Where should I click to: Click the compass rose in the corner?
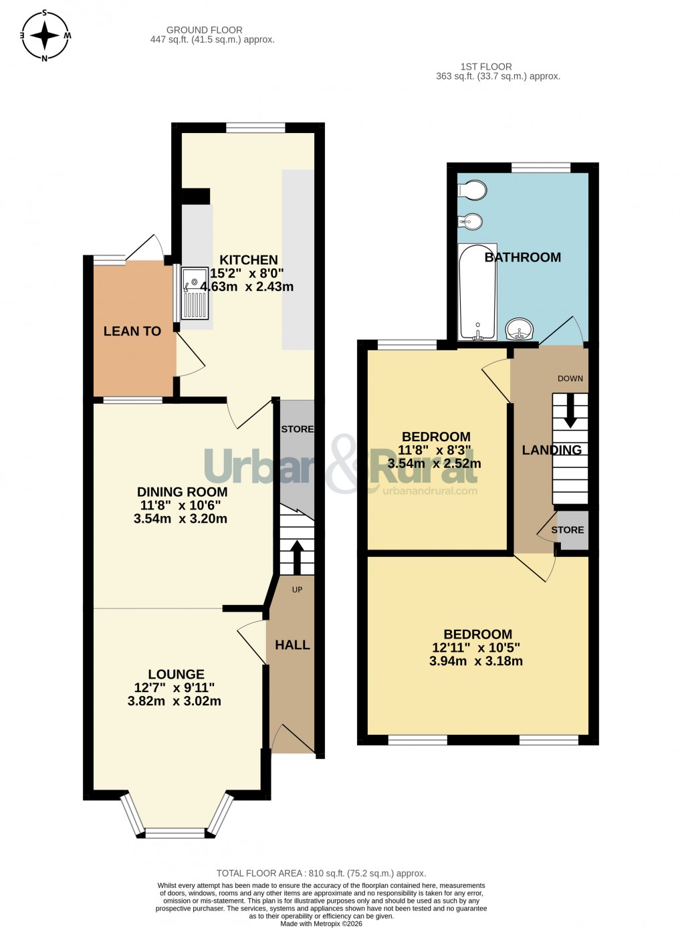tap(45, 35)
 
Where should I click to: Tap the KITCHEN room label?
tap(249, 260)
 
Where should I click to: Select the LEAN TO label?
tap(132, 331)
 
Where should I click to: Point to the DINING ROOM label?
tap(183, 492)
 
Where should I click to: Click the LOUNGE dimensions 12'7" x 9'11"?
tap(175, 688)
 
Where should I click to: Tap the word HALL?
tap(293, 645)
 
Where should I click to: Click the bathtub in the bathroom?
tap(477, 292)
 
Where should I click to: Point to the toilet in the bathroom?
tap(473, 190)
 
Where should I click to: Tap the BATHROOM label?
tap(523, 257)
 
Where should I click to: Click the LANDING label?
tap(552, 450)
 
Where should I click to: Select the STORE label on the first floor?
tap(568, 530)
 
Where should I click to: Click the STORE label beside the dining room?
tap(298, 429)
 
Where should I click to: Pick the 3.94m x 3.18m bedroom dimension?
tap(476, 661)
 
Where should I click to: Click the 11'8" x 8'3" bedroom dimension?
tap(435, 451)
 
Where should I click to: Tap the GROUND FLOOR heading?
tap(205, 30)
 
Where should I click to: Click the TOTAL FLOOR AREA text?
tap(321, 873)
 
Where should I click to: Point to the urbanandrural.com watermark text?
tap(430, 491)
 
